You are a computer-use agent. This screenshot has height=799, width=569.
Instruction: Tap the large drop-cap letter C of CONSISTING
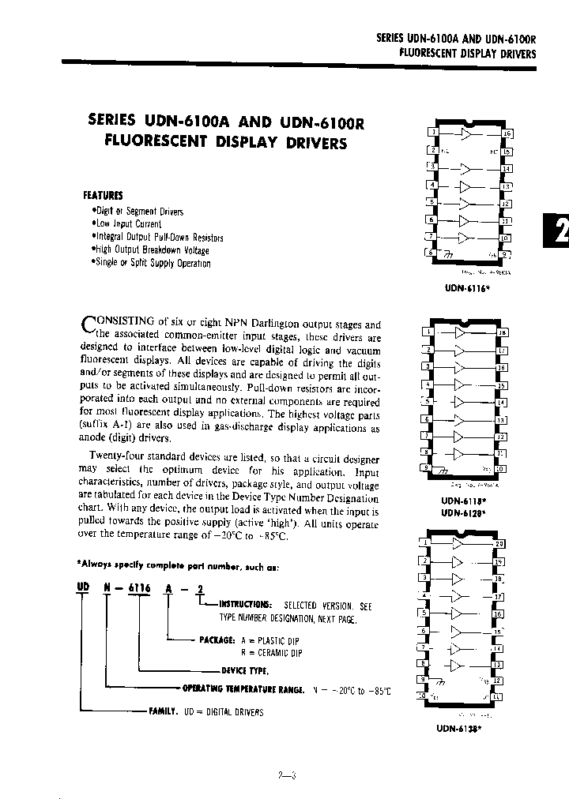[89, 325]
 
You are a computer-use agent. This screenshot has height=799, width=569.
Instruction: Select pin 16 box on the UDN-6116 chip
[507, 133]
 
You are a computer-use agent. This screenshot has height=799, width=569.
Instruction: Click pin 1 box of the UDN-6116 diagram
[431, 133]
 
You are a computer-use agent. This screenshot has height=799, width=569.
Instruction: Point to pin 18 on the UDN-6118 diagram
[501, 332]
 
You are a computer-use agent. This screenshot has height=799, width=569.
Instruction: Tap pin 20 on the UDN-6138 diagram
[499, 544]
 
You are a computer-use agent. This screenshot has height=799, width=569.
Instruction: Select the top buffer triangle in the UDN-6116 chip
[467, 134]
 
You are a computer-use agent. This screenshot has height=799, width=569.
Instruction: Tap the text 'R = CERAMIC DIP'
[271, 653]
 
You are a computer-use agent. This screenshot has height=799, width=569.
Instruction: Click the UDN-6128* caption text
[462, 513]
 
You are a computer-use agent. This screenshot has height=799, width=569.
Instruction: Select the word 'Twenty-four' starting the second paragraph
[117, 459]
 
